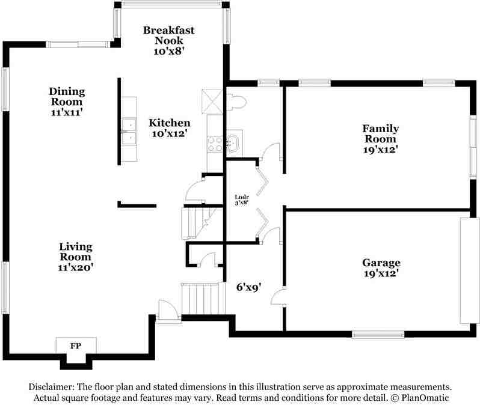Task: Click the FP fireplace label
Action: pos(76,346)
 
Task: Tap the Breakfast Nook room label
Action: pos(168,35)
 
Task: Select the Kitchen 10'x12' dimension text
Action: pos(170,133)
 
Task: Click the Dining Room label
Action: pos(67,96)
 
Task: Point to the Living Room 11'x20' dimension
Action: pos(76,267)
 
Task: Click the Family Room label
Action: pos(381,133)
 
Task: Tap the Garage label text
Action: pos(381,263)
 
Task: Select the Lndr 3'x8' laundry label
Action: pos(242,199)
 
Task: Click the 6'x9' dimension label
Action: pos(248,287)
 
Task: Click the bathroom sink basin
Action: pos(234,143)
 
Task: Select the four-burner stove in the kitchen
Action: pos(215,144)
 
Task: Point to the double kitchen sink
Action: pos(129,130)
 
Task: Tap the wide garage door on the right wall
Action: pos(469,270)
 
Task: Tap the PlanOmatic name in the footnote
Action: pos(425,398)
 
